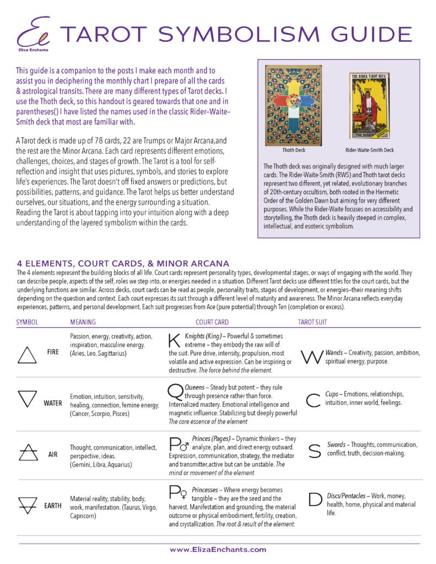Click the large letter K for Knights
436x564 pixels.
point(174,341)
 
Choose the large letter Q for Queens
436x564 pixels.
point(174,391)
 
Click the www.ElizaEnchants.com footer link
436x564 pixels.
point(217,549)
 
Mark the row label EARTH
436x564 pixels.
point(53,505)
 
